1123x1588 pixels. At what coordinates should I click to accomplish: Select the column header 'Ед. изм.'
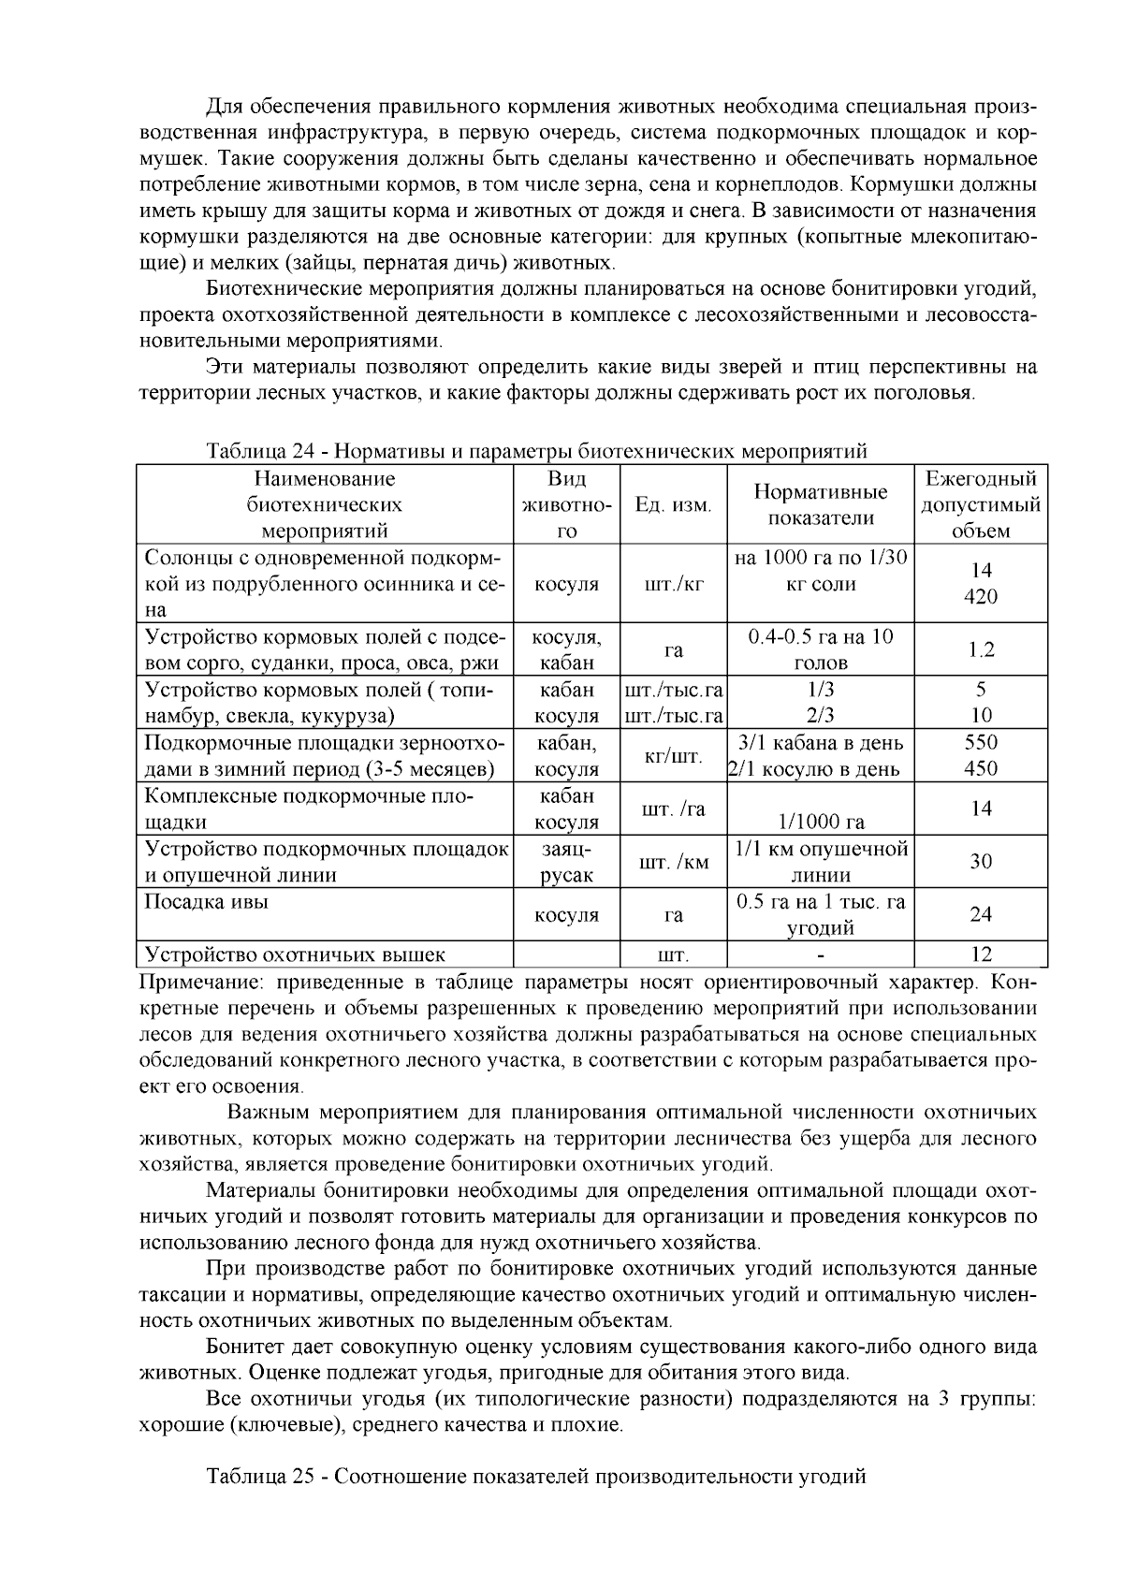click(673, 505)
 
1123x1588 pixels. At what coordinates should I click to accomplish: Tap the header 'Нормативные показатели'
click(821, 505)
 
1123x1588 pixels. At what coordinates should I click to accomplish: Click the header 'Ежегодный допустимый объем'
click(981, 505)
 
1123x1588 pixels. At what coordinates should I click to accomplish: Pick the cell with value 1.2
click(981, 650)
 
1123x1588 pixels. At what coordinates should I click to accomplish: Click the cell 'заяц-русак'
click(566, 863)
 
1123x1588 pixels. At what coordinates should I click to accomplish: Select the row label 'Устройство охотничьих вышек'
click(295, 955)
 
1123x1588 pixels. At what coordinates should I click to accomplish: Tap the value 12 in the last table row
click(981, 955)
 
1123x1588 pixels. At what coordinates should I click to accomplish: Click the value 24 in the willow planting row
click(981, 915)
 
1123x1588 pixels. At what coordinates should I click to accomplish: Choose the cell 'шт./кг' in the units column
click(673, 585)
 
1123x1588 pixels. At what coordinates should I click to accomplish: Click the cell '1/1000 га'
click(821, 823)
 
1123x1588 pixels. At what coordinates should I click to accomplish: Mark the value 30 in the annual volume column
click(981, 862)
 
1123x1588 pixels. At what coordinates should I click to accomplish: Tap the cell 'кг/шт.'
click(673, 756)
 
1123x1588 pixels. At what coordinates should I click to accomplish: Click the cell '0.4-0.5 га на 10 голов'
click(821, 650)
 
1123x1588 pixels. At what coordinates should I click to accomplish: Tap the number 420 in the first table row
click(981, 597)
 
